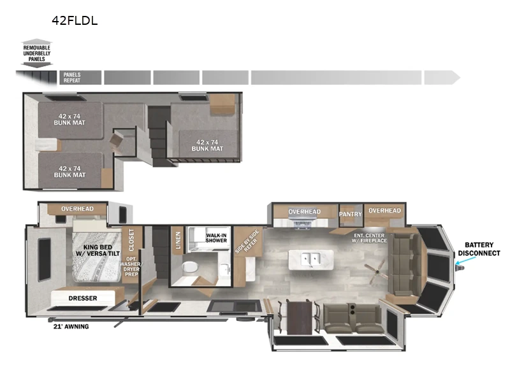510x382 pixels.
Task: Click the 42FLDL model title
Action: click(75, 20)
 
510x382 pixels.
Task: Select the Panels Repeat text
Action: click(71, 78)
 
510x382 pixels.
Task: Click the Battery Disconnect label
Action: click(483, 249)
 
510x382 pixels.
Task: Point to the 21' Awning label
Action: click(71, 327)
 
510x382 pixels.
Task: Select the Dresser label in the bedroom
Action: click(82, 297)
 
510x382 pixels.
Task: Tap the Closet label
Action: click(132, 241)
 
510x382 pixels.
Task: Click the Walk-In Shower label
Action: click(216, 237)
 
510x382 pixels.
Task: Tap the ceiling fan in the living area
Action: click(374, 269)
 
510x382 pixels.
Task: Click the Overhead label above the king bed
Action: click(77, 209)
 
